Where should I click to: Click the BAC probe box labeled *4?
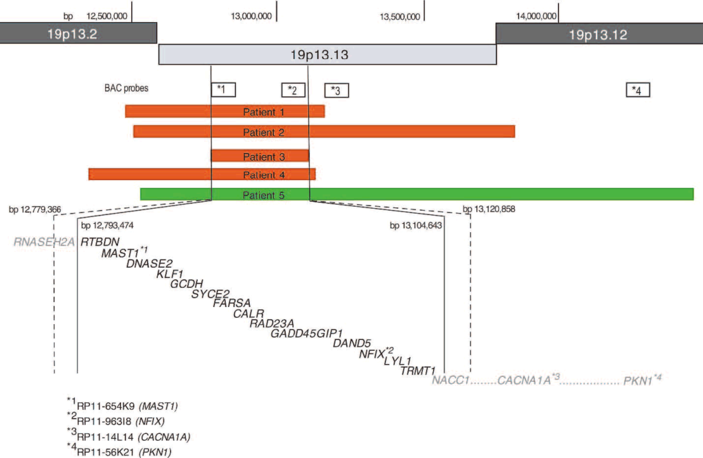(x=638, y=90)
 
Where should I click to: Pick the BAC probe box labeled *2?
(x=293, y=90)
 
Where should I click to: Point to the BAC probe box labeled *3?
(x=336, y=90)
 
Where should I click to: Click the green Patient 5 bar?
(x=416, y=194)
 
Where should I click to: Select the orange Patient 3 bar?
(x=260, y=156)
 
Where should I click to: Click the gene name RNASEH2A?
(x=44, y=242)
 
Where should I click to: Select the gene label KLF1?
(x=168, y=274)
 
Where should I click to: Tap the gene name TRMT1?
(x=419, y=371)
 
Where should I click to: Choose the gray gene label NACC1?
(x=450, y=380)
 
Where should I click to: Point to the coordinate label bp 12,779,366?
(x=40, y=208)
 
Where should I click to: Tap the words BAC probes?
(x=126, y=88)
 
